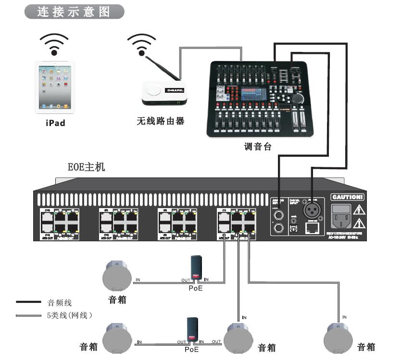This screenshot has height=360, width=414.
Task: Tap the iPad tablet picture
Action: tap(55, 87)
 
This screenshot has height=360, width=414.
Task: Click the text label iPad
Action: tap(55, 123)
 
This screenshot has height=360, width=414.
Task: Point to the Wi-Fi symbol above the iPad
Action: tap(54, 44)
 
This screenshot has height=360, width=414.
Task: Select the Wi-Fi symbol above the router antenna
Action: tap(142, 44)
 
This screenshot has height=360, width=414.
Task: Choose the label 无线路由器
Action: tap(160, 121)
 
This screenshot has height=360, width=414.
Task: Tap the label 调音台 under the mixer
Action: tap(258, 147)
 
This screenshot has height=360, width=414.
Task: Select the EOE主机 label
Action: tap(86, 168)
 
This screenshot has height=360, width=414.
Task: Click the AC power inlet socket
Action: tap(341, 218)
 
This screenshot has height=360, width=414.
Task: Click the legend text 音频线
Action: tap(60, 303)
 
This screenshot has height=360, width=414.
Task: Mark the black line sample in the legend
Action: tap(29, 302)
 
